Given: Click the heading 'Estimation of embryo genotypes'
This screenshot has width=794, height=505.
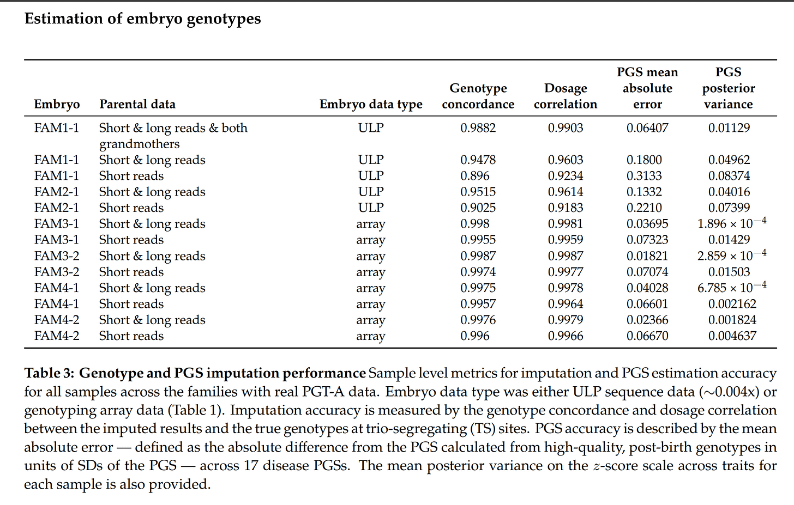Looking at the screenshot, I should point(143,19).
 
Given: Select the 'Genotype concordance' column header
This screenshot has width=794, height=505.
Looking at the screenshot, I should point(478,96).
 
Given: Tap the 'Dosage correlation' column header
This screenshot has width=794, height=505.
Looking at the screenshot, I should point(565,96).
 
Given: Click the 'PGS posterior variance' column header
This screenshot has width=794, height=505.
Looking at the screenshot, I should point(728,88).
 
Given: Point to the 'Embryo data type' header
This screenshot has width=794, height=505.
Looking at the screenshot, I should point(371,105).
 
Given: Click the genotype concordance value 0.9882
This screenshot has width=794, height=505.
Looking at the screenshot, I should point(478,128).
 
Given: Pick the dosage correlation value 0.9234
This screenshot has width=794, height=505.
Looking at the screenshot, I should point(565,176).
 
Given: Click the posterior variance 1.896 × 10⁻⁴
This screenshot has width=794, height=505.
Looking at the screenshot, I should point(731,223).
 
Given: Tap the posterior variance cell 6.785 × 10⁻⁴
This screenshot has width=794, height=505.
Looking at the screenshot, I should point(731,288).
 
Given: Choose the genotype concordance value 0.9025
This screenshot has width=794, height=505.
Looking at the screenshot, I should point(478,208).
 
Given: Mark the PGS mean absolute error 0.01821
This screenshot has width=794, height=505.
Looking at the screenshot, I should point(647,256).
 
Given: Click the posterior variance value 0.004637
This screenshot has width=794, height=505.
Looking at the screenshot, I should point(732,336).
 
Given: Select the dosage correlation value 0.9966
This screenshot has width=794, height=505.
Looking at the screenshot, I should point(565,336).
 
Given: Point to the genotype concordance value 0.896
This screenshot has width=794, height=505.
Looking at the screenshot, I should point(474,176).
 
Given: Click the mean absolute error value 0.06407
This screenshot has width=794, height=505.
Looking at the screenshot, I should point(647,128).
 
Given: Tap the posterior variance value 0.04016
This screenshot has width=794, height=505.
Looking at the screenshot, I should point(729,192).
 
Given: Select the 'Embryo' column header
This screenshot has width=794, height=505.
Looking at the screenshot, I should point(57,105).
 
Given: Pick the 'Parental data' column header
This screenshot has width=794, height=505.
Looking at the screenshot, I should point(137,105).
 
